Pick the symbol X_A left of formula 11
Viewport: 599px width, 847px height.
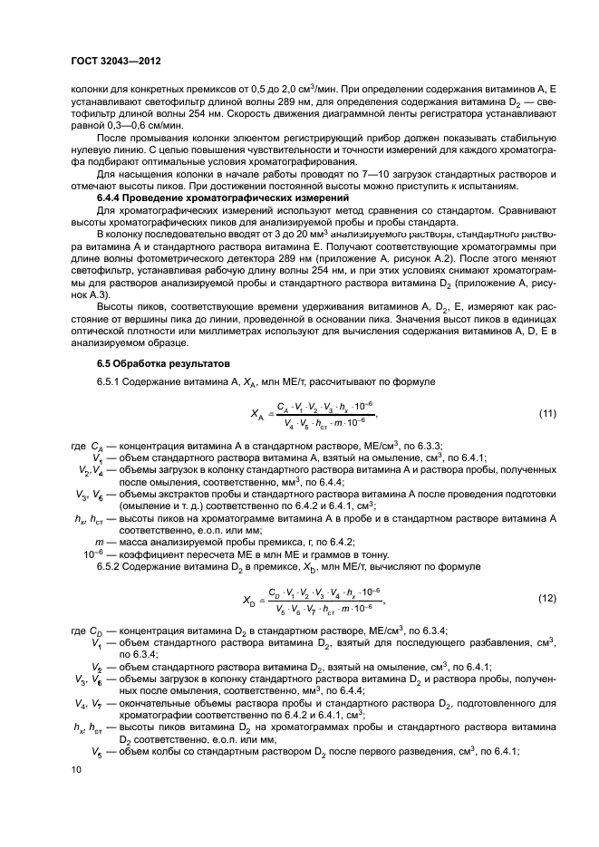pos(257,415)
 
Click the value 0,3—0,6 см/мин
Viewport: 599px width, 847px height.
pos(140,127)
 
